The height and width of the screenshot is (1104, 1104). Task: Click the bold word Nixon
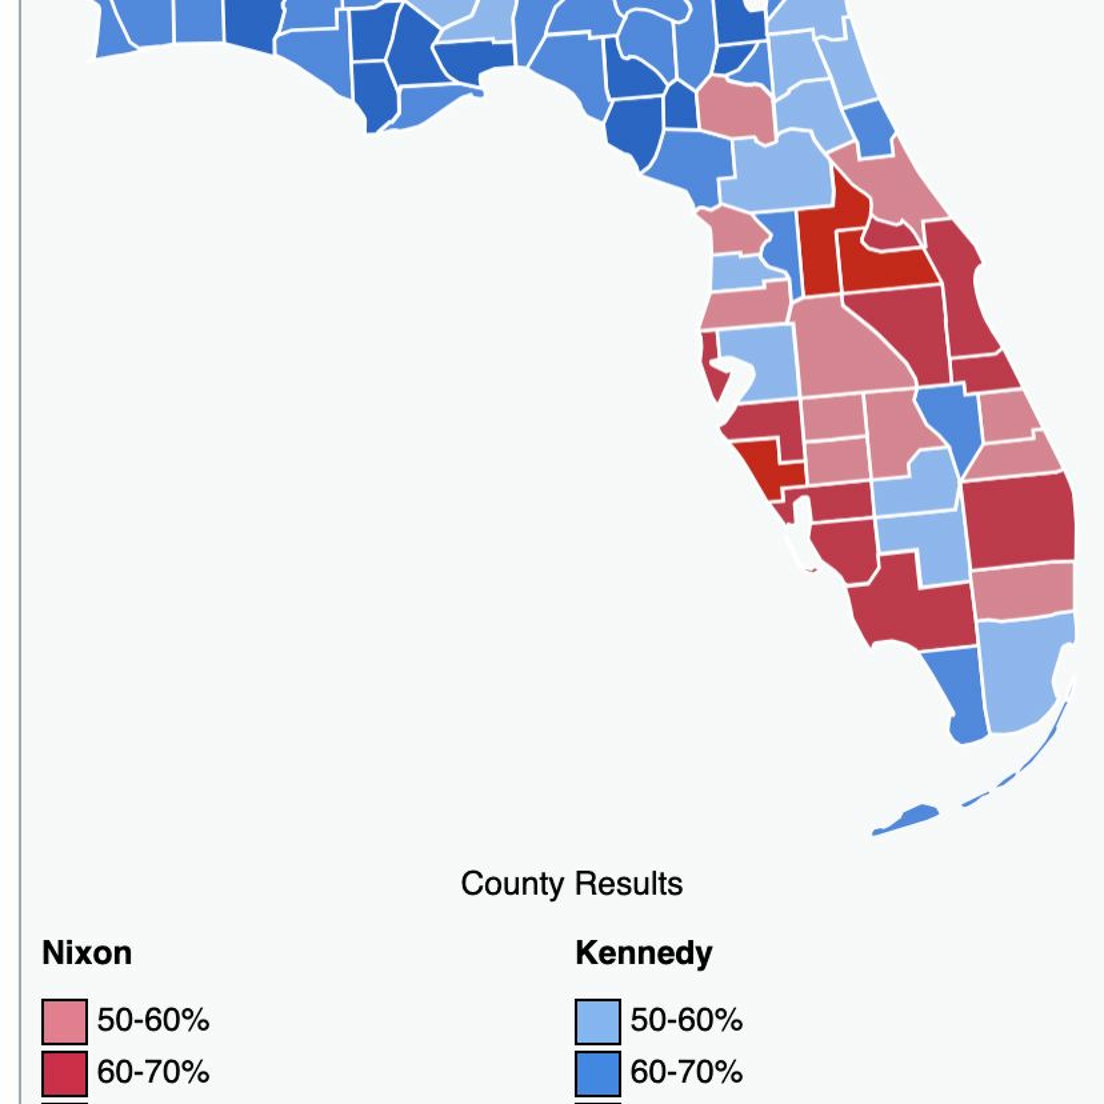(x=87, y=953)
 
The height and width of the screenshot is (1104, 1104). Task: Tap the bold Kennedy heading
(x=643, y=953)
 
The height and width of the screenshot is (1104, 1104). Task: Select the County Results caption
(x=572, y=884)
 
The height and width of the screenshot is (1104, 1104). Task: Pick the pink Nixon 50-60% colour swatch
(x=64, y=1021)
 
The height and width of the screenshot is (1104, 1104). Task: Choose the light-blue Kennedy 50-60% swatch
(x=598, y=1021)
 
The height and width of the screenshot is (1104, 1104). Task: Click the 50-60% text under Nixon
(x=153, y=1020)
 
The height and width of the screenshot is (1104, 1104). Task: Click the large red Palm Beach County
(x=1017, y=520)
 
